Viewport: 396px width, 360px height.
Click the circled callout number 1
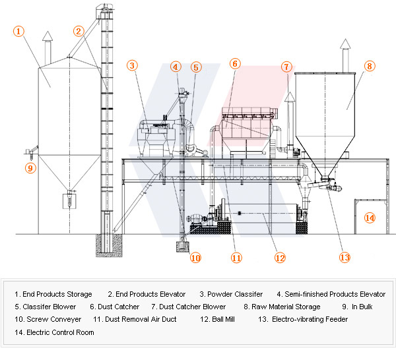coord(19,30)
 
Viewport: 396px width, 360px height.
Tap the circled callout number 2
coord(79,30)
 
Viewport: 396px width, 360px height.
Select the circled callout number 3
coord(133,65)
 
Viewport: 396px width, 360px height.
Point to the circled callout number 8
coord(369,66)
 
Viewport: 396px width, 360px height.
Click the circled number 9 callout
coord(30,168)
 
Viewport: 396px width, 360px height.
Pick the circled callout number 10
coord(195,258)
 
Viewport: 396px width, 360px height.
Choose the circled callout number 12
coord(280,258)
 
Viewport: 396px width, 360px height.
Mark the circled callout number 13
coord(344,258)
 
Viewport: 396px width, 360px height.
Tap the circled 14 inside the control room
coord(370,218)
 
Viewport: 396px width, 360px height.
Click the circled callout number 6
coord(235,64)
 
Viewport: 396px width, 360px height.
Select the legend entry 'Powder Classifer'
coord(231,294)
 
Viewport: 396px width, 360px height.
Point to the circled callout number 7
coord(286,67)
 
